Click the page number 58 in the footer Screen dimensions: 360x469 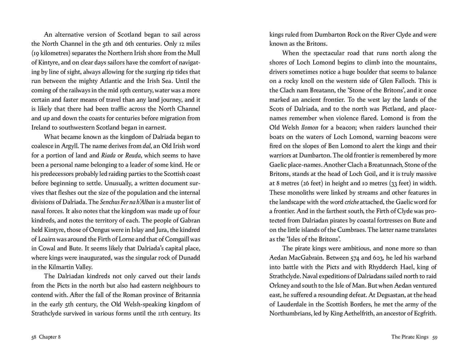coord(34,337)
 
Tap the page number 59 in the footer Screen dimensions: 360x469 coord(435,337)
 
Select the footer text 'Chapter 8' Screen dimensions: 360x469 coord(50,337)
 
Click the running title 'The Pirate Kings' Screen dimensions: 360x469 coord(410,337)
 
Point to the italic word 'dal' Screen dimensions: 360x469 coord(147,146)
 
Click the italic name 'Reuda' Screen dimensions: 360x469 coord(133,155)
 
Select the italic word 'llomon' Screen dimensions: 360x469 coord(310,127)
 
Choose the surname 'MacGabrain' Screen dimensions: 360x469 coord(309,258)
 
